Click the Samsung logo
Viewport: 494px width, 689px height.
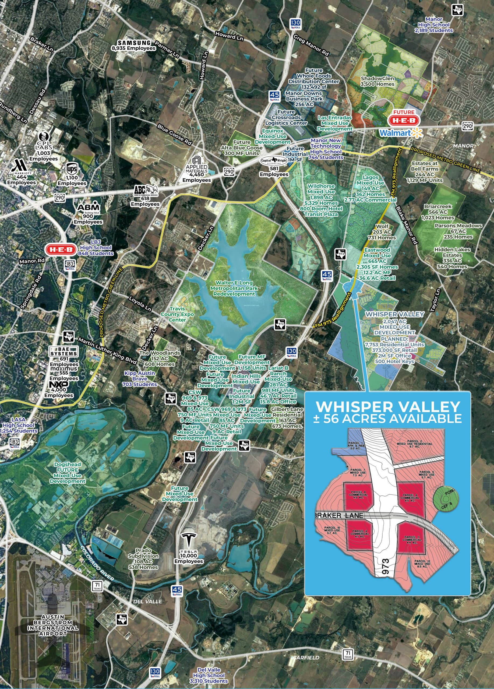[134, 43]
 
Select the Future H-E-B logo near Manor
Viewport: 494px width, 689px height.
[404, 118]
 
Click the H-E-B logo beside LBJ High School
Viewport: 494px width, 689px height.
[61, 250]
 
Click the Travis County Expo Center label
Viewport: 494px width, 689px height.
[177, 314]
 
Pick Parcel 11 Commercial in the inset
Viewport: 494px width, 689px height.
[412, 537]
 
